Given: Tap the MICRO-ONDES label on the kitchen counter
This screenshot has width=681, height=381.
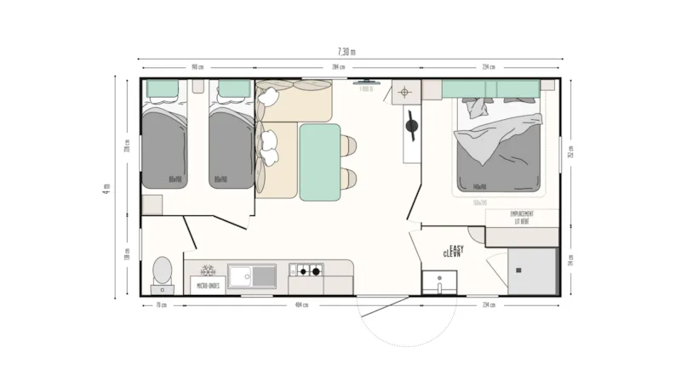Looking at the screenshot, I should tap(208, 286).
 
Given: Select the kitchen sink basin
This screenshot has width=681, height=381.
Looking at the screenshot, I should tap(253, 274).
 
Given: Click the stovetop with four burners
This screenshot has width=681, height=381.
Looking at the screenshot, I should tap(306, 271).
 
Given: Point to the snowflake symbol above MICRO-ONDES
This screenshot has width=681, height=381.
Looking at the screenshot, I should tap(205, 272).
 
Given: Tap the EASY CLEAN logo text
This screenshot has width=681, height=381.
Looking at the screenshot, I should tap(453, 252).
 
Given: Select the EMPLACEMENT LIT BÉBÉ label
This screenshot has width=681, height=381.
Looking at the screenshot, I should tap(521, 217).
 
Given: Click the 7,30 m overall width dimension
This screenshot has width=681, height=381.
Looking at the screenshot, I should tap(346, 52).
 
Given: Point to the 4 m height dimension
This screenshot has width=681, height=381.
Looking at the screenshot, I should tap(106, 186).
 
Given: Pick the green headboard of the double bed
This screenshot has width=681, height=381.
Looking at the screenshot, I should tap(489, 88).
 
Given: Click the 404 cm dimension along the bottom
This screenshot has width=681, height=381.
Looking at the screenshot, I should tap(300, 304).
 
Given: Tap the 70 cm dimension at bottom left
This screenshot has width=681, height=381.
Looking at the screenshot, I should tap(158, 304).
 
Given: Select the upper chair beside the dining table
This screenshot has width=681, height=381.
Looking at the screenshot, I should tap(350, 145).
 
